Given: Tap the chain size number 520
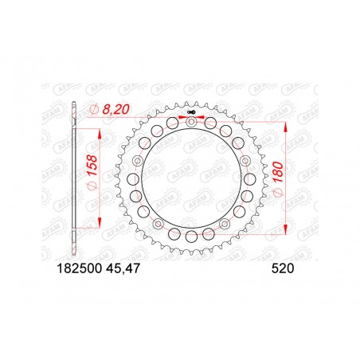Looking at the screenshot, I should [x=284, y=270].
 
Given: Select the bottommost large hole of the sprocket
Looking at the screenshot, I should [x=191, y=237].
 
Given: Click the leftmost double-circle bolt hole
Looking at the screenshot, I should [x=139, y=163].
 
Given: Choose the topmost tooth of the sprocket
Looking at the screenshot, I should [x=192, y=103].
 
